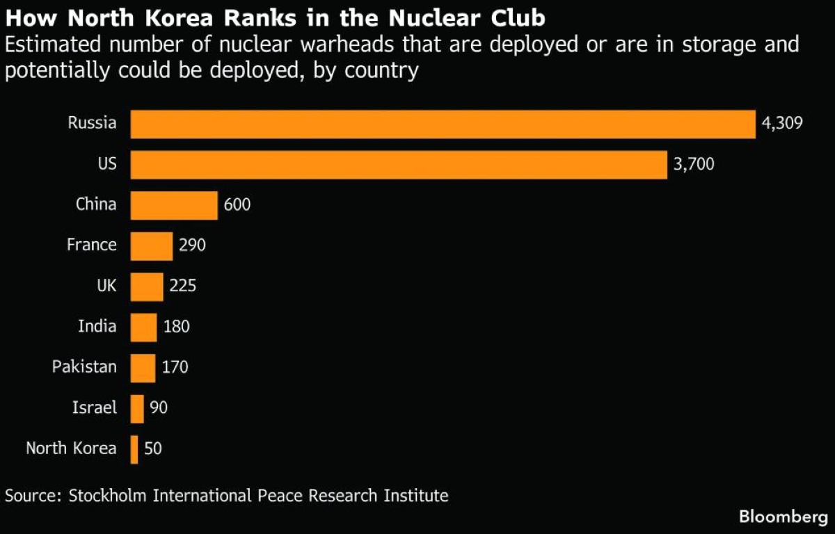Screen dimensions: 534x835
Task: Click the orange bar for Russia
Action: tap(443, 124)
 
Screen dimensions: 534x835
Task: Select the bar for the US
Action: tap(399, 165)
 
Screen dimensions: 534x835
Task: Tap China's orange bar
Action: tap(174, 205)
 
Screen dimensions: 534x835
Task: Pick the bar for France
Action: tap(152, 245)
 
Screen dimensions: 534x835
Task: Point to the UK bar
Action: tap(147, 286)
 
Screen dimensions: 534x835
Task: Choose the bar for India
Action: tap(143, 327)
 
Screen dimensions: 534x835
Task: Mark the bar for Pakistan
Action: tap(143, 367)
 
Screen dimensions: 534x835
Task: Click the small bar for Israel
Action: tap(137, 408)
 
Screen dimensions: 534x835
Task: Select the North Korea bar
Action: tap(134, 448)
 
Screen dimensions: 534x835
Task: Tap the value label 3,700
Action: tap(694, 165)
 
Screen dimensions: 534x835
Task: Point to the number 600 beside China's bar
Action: tap(237, 205)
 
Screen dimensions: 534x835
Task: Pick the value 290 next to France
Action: tap(193, 245)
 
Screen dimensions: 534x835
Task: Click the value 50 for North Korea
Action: tap(153, 448)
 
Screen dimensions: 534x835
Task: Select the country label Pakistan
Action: tap(84, 366)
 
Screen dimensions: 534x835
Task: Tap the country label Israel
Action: tap(95, 407)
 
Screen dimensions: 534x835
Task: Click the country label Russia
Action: tap(92, 124)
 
